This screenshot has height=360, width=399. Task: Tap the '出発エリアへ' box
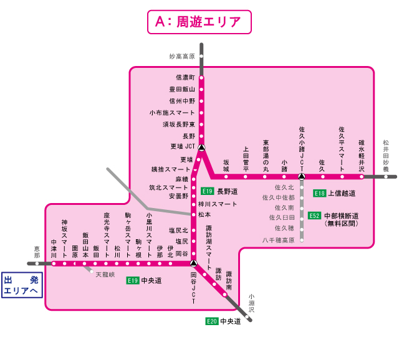pyautogui.click(x=21, y=286)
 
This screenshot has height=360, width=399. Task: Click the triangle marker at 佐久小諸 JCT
pyautogui.click(x=301, y=176)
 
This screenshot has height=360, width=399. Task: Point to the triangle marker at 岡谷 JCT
pyautogui.click(x=193, y=263)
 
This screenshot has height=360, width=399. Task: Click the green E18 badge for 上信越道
pyautogui.click(x=320, y=193)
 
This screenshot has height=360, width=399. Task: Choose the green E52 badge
pyautogui.click(x=315, y=216)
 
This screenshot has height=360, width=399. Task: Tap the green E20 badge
pyautogui.click(x=212, y=321)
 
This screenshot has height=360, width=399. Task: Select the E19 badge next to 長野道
pyautogui.click(x=208, y=191)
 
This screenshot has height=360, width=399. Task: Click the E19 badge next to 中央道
pyautogui.click(x=132, y=280)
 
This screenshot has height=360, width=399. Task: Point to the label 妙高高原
pyautogui.click(x=182, y=56)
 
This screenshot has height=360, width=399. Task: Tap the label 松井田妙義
pyautogui.click(x=386, y=156)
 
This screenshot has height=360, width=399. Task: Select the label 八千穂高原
pyautogui.click(x=278, y=240)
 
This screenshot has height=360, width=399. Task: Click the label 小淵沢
pyautogui.click(x=251, y=303)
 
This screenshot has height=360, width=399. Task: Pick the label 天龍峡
pyautogui.click(x=106, y=274)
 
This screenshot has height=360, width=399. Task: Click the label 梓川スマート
pyautogui.click(x=218, y=204)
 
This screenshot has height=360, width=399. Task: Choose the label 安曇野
pyautogui.click(x=178, y=196)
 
